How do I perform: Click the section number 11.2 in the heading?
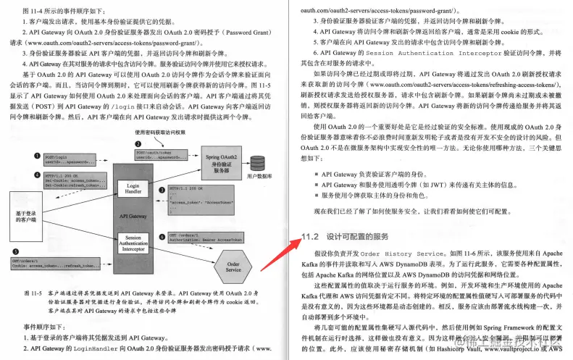point(310,236)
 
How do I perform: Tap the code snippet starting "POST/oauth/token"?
point(155,156)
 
